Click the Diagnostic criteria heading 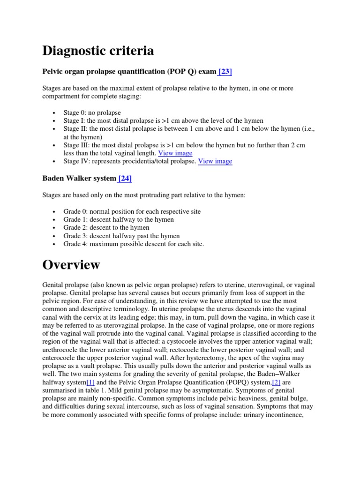pos(98,51)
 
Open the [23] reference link pos(224,72)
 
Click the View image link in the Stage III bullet pos(175,153)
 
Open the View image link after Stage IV pos(215,161)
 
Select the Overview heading pos(71,265)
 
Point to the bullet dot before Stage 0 pos(55,113)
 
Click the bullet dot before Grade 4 pos(55,244)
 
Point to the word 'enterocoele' pos(61,358)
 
